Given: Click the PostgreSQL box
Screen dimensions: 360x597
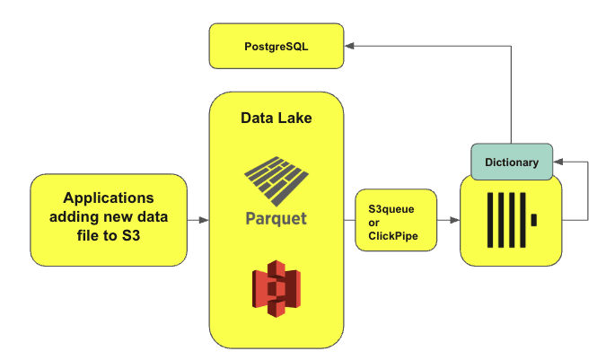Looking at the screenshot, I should pos(277,46).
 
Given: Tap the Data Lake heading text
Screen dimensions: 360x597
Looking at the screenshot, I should pos(277,118).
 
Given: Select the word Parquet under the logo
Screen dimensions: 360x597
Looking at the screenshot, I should pos(277,218).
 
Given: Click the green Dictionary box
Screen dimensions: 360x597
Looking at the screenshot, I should pos(512,162).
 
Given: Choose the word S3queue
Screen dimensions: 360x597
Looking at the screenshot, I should pos(391,206).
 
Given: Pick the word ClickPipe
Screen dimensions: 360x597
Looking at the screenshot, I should pos(394,236).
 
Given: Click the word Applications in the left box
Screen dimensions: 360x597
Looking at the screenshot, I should pos(108,198).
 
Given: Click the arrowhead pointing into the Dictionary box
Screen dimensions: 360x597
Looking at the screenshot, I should pos(558,162).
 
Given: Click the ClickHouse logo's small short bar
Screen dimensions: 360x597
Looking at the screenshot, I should pos(534,219).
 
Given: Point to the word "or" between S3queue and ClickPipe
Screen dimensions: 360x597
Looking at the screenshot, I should pos(374,222).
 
